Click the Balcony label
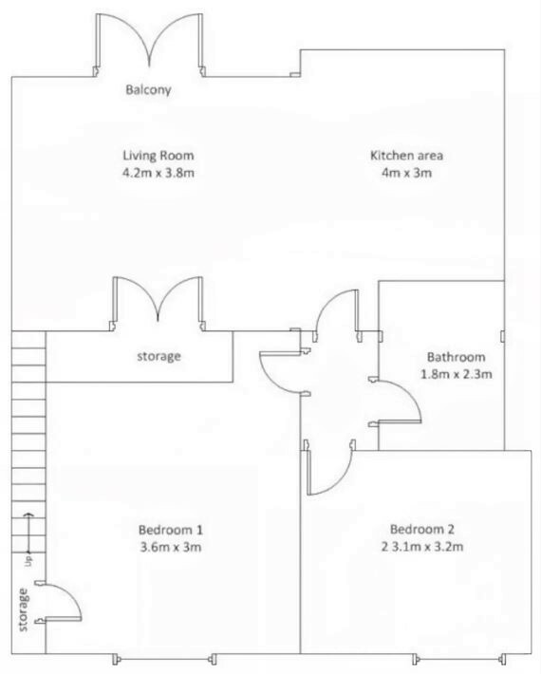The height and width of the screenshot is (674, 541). coord(148,90)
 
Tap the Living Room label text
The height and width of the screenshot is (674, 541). coord(159,155)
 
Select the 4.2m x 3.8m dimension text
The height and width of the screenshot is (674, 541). coord(159,173)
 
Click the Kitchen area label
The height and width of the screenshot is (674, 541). coord(406,155)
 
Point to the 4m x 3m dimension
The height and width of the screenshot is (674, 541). coord(406,173)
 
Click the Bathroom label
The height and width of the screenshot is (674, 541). coord(456,357)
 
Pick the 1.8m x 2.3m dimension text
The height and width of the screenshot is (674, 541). coord(456,374)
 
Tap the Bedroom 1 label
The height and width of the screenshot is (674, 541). coord(171,530)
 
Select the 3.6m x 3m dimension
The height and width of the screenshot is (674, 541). coord(171,547)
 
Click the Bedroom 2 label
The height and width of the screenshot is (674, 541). coord(422,529)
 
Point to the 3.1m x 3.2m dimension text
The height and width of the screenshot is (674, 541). coord(427,547)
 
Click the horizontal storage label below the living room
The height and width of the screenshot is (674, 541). coord(159,356)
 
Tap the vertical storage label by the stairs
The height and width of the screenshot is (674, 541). coord(23,610)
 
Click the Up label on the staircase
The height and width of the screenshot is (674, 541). coord(28,561)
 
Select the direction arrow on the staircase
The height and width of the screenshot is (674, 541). coord(28,532)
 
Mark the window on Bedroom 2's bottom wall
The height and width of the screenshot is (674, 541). coord(458,659)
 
